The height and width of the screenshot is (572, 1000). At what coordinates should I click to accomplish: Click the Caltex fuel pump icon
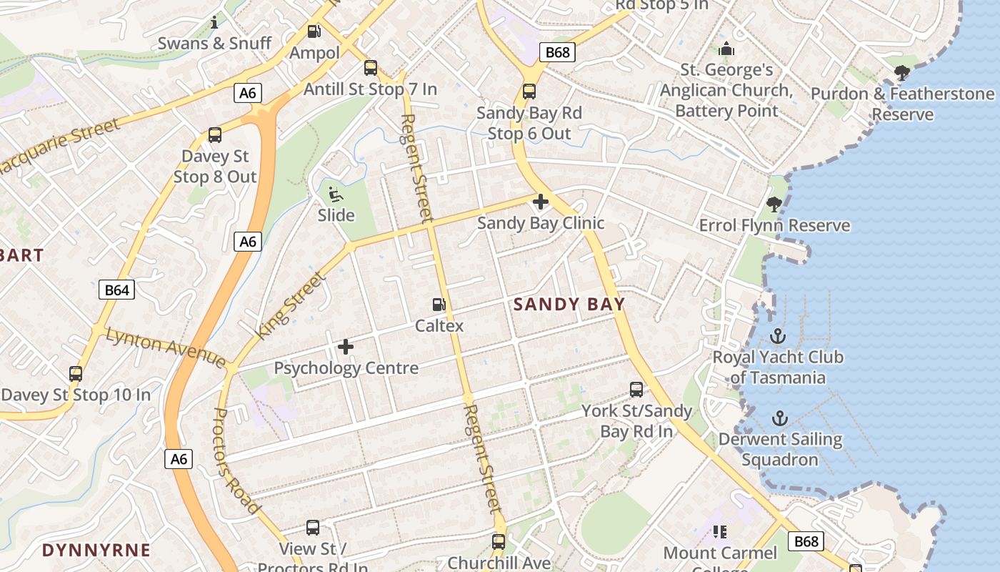point(439,305)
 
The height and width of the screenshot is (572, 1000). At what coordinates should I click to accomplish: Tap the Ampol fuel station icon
point(314,31)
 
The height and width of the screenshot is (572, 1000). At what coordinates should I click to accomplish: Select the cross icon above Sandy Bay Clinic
point(541,202)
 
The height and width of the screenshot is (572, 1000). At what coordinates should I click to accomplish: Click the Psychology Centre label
point(346,368)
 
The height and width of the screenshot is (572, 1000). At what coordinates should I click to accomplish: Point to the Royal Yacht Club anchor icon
point(778,336)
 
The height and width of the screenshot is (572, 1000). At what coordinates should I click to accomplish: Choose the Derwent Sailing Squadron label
point(780,449)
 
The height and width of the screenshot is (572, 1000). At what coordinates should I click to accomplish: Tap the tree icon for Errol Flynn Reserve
point(774,205)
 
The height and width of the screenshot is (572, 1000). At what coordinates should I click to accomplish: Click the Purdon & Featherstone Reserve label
point(902,104)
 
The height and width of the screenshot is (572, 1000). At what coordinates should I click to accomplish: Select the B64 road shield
point(116,290)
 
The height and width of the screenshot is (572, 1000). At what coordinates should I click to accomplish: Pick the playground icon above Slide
point(335,194)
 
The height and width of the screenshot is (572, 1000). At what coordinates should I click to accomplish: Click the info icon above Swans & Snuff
point(214,23)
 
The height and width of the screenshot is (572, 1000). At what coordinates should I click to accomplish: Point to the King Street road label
point(291,305)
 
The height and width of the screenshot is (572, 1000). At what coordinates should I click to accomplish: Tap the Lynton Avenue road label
point(166,346)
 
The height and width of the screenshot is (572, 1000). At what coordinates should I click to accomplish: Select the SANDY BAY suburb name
point(569,304)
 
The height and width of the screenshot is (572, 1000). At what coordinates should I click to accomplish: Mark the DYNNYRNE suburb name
point(96,550)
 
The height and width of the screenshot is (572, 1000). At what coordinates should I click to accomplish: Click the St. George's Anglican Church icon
point(726,49)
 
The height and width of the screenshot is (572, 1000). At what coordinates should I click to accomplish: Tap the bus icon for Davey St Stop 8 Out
point(214,135)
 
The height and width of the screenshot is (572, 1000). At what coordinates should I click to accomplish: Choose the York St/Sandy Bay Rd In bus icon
point(636,390)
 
